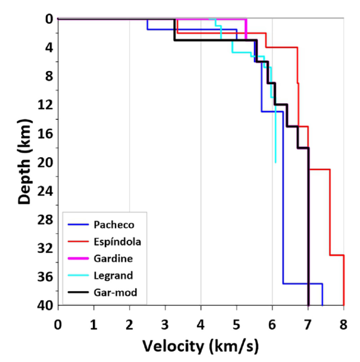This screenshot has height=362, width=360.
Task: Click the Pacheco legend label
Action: (114, 225)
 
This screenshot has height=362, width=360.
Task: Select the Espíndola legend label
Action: (118, 241)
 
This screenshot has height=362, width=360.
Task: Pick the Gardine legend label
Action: (113, 258)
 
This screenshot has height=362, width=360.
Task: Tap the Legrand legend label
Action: (113, 276)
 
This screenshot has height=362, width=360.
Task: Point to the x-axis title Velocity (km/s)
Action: (201, 346)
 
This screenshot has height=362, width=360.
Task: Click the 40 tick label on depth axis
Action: (43, 305)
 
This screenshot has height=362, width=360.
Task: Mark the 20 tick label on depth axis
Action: (43, 162)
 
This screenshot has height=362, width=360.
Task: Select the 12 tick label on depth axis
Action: (43, 105)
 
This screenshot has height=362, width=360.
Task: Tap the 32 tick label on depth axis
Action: (43, 248)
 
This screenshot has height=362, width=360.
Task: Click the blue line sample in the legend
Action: (78, 225)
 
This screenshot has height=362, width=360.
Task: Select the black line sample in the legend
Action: (78, 292)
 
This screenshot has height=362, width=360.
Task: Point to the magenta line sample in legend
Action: (78, 258)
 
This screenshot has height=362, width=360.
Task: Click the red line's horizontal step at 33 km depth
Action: (337, 255)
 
